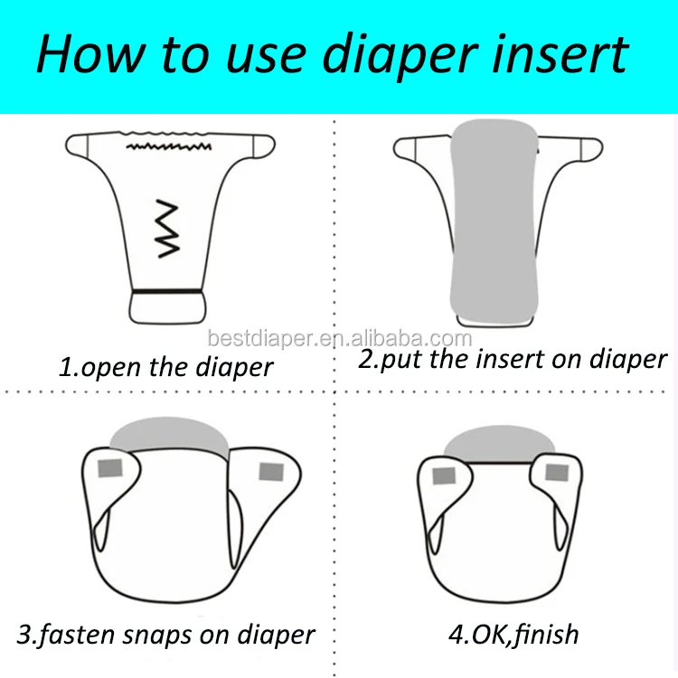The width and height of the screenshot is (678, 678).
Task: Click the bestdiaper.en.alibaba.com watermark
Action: pos(339,340)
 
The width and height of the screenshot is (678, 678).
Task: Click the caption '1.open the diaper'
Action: pos(165,368)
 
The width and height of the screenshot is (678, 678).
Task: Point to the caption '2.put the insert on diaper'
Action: pos(512,359)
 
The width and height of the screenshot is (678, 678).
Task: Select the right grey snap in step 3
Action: pos(270,471)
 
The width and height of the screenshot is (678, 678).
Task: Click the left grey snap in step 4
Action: pos(443,476)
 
